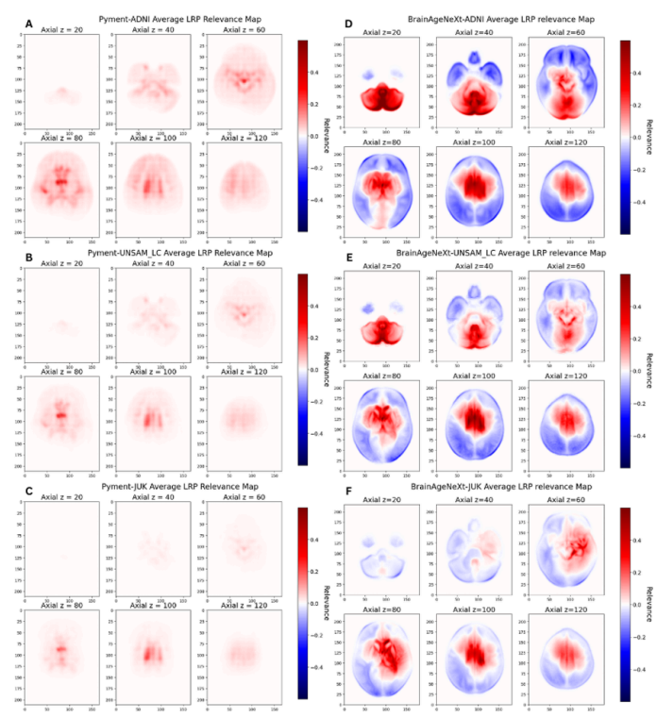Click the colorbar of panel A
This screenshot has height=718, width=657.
click(x=304, y=136)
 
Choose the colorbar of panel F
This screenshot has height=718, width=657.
click(x=627, y=604)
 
